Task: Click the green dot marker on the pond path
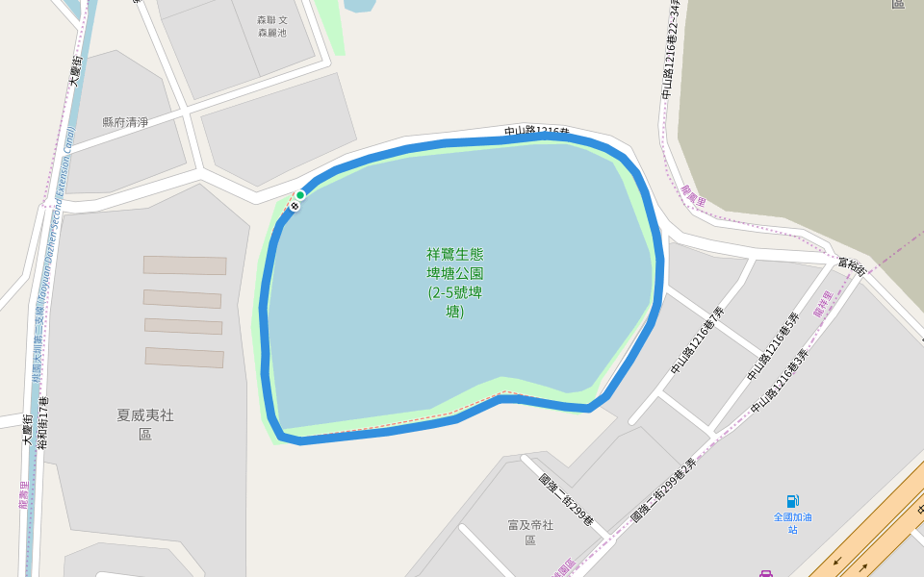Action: [300, 195]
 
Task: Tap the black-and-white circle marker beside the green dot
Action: [295, 206]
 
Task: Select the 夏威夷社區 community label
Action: [145, 424]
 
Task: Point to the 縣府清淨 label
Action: [125, 122]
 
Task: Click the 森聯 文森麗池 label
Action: [272, 26]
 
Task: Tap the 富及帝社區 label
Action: [530, 532]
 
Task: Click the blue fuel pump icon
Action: [792, 501]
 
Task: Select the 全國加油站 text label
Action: [792, 523]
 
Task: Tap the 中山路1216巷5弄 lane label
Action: [773, 346]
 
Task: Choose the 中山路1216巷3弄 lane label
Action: [780, 382]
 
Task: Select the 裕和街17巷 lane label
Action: [42, 423]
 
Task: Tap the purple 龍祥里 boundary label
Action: [823, 304]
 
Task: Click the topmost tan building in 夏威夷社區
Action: [185, 265]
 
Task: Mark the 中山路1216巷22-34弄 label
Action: [671, 48]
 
